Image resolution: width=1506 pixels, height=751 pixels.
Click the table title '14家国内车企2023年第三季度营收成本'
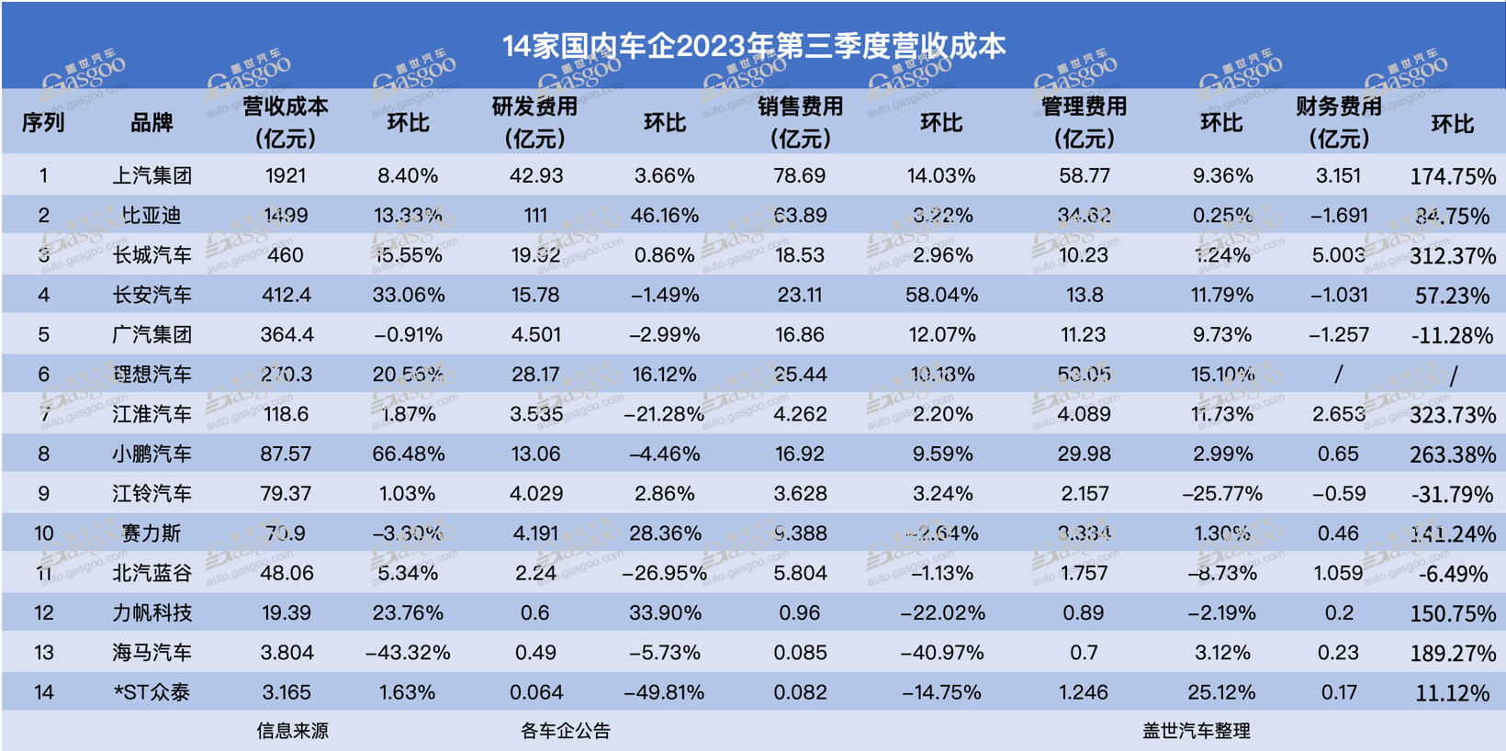[x=754, y=46]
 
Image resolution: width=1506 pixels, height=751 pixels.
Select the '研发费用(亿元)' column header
[x=534, y=122]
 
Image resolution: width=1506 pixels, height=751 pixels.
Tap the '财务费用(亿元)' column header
[x=1338, y=122]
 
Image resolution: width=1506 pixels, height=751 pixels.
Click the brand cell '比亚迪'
[x=152, y=216]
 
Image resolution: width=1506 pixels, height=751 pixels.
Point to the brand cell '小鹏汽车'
[x=152, y=454]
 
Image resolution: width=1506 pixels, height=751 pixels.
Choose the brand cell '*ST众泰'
[x=152, y=693]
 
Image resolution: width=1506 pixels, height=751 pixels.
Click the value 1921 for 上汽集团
[x=286, y=176]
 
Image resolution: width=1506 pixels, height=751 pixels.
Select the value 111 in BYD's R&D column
[x=535, y=216]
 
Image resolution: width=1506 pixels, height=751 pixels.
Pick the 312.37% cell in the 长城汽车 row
[x=1453, y=256]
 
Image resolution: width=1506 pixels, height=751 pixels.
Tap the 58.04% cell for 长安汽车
[x=942, y=296]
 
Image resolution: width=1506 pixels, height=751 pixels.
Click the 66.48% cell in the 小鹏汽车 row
[x=409, y=454]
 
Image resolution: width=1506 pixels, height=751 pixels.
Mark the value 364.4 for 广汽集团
[x=287, y=335]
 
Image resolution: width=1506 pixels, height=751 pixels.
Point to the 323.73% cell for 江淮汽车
[x=1453, y=415]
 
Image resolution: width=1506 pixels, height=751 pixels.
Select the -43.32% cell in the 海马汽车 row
[x=408, y=653]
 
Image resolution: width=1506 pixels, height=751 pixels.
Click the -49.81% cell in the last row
[x=664, y=693]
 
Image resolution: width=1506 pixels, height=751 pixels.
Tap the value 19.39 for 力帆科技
[x=286, y=613]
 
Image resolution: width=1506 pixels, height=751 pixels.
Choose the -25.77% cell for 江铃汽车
[x=1222, y=494]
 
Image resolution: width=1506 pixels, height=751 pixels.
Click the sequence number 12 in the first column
[x=43, y=613]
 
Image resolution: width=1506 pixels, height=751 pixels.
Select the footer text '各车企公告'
[x=566, y=732]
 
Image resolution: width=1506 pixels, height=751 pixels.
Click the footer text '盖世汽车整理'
[x=1196, y=732]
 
